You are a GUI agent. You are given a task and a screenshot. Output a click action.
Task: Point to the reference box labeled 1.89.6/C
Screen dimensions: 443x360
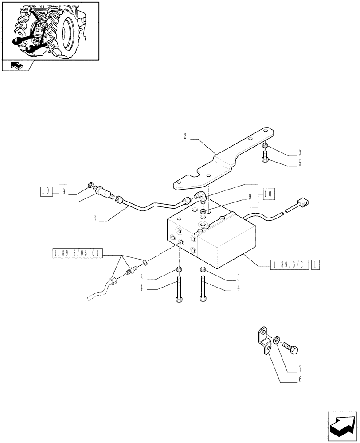click(289, 265)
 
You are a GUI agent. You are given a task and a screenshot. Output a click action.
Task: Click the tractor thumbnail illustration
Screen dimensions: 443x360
click(50, 31)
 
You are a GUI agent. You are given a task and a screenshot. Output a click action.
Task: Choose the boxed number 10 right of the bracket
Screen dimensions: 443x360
click(269, 194)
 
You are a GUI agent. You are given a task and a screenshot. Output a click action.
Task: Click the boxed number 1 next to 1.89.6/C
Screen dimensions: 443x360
click(314, 265)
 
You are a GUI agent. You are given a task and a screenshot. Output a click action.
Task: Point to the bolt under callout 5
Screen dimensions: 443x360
click(266, 156)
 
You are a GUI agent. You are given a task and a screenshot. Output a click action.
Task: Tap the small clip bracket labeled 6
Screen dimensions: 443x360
click(265, 341)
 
